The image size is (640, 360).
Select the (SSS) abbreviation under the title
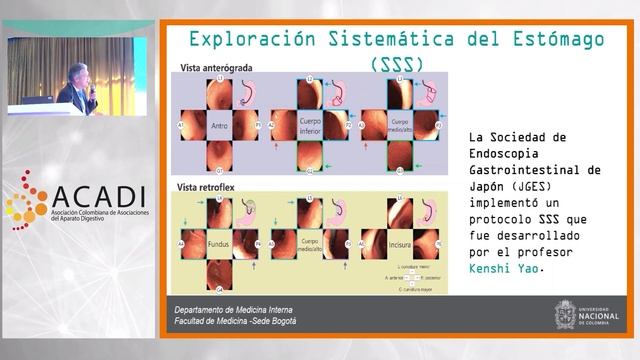tap(396, 64)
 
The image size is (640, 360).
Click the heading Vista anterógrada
tap(216, 69)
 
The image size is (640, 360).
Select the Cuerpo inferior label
tap(309, 126)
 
